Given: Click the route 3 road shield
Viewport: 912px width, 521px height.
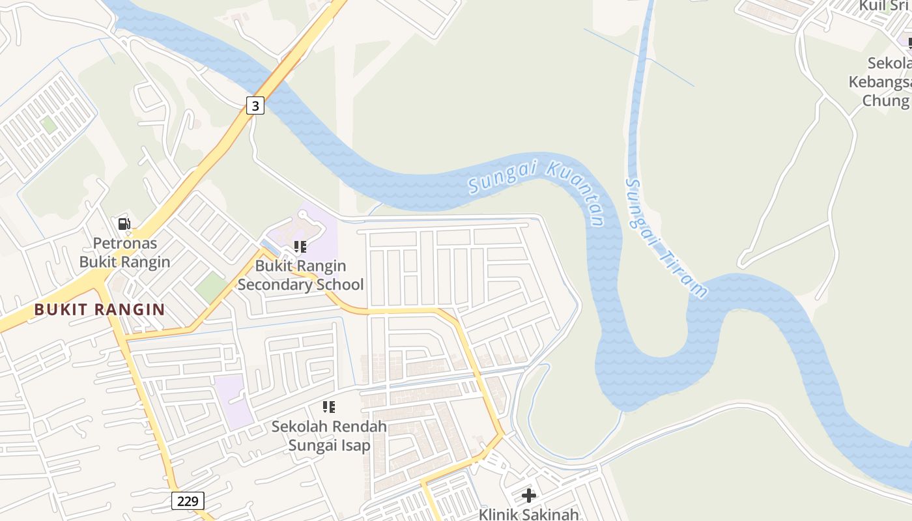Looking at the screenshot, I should pyautogui.click(x=255, y=105).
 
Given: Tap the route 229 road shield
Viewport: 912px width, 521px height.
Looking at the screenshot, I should pyautogui.click(x=188, y=501).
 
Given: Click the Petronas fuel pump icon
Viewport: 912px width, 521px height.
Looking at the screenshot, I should pyautogui.click(x=124, y=225).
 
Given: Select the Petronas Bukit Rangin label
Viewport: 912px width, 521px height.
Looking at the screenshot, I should pyautogui.click(x=124, y=253).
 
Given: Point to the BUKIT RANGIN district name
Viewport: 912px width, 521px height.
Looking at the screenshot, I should pyautogui.click(x=99, y=310).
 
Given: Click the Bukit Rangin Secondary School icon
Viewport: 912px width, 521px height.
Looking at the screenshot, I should pyautogui.click(x=300, y=247).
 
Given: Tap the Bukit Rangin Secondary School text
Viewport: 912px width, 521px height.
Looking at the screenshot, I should pyautogui.click(x=300, y=275).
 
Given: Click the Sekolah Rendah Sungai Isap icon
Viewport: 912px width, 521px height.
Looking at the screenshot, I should pyautogui.click(x=329, y=407).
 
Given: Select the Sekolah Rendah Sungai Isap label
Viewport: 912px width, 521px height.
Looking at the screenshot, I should pyautogui.click(x=329, y=436).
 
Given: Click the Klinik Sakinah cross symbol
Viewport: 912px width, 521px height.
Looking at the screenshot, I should pyautogui.click(x=529, y=496).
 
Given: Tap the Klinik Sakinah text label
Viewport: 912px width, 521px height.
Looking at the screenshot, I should pyautogui.click(x=528, y=514).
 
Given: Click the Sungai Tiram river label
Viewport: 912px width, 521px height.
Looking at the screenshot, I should pyautogui.click(x=664, y=238).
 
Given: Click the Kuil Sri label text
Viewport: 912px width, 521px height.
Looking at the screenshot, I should pyautogui.click(x=884, y=7).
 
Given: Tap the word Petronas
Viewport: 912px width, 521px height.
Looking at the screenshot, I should pyautogui.click(x=124, y=244).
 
